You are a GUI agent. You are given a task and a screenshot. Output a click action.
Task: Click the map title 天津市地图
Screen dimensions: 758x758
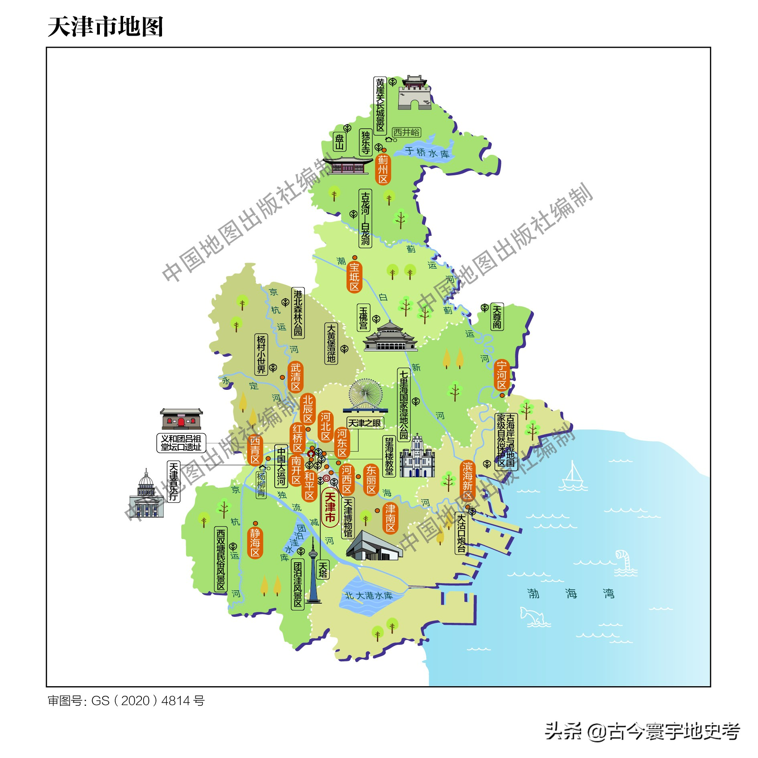point(105,27)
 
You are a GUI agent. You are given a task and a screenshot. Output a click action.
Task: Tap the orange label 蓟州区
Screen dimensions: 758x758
point(383,170)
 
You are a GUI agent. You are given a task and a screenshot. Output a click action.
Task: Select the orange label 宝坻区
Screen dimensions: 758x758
point(354,277)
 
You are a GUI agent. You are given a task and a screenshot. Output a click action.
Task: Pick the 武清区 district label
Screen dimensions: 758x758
point(296,377)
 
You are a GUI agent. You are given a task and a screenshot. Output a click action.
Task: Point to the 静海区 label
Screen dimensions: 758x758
point(255,543)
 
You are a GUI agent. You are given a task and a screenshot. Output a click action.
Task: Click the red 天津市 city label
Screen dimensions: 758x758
point(330,507)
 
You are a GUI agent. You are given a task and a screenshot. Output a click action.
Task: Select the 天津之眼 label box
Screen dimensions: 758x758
point(365,423)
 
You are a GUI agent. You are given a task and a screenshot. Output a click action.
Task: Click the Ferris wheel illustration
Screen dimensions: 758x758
point(365,395)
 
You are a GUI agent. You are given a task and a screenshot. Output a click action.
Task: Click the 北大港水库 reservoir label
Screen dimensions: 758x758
point(369,596)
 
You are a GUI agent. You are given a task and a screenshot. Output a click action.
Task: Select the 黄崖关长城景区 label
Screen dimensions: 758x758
point(380,105)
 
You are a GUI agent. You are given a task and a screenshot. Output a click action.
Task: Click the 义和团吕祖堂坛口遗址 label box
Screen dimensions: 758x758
point(181,443)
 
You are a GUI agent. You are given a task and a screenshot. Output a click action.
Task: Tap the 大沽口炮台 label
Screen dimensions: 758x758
point(461,533)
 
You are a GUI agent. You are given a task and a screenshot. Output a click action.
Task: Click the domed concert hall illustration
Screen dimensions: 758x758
point(146,495)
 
